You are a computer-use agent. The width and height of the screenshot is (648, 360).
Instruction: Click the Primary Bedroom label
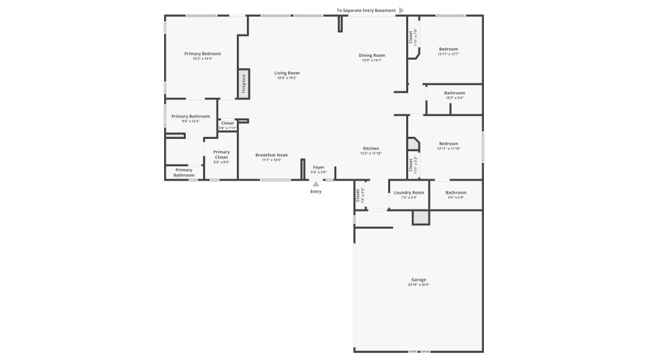[202, 54]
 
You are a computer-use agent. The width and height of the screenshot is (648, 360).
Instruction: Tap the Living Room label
[287, 73]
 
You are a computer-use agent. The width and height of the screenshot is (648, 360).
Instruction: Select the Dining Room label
[372, 55]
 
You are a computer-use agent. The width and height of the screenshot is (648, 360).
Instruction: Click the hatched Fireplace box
[243, 84]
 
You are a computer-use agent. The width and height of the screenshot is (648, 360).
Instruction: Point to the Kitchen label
[371, 148]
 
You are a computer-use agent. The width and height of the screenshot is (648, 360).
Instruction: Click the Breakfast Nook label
[271, 155]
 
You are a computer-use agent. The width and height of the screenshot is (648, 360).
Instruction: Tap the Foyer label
[318, 167]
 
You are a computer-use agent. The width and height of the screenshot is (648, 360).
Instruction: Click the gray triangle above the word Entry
[315, 184]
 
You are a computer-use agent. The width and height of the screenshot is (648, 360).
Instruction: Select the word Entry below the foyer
[315, 192]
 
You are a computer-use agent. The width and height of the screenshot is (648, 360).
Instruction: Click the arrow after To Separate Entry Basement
[401, 10]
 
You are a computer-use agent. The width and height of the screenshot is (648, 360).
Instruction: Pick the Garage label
[418, 279]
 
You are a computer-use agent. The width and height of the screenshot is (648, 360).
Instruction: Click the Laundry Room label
[409, 192]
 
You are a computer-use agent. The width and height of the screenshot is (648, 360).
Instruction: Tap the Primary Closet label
[221, 155]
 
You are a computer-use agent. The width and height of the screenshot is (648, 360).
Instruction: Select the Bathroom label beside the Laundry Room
[456, 192]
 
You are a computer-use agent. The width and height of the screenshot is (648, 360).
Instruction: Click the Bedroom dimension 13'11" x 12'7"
[449, 54]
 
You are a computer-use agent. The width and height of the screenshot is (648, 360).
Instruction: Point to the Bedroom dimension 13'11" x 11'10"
[449, 148]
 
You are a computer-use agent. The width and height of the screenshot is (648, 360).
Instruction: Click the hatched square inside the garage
[420, 217]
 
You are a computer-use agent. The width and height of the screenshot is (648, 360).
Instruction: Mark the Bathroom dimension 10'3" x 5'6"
[454, 98]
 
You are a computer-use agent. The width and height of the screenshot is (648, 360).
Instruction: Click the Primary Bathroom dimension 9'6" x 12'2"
[191, 121]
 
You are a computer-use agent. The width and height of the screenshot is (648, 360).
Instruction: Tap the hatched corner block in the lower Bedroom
[413, 144]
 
